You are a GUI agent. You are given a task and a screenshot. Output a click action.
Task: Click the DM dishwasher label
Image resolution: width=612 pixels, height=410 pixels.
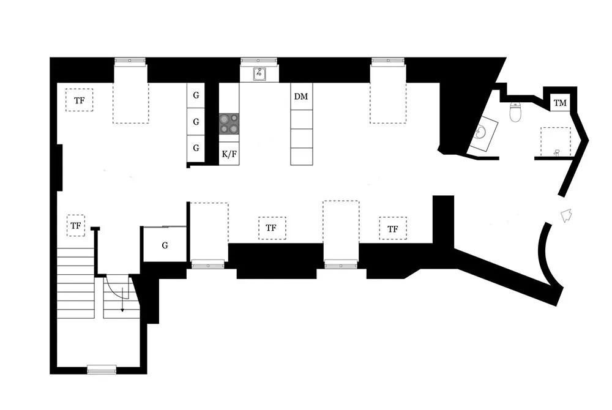click(301, 97)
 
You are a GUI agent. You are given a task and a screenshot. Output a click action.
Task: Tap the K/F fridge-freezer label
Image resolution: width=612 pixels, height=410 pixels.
click(229, 154)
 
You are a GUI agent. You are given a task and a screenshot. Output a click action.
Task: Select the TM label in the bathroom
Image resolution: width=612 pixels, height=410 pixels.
click(560, 103)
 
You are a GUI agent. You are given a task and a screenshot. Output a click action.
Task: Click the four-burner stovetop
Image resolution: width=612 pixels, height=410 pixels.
click(229, 124)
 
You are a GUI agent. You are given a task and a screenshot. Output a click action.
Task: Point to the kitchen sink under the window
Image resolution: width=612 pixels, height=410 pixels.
click(259, 75)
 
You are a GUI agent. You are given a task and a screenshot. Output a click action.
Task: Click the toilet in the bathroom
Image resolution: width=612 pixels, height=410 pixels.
click(515, 112)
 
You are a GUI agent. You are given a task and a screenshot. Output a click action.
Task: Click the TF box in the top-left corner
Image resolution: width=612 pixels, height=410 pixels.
click(79, 100)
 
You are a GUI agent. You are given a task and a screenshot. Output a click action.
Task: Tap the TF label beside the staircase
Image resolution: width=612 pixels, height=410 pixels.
click(75, 226)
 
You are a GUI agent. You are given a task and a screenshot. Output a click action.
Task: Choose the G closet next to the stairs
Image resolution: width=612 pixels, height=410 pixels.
click(165, 245)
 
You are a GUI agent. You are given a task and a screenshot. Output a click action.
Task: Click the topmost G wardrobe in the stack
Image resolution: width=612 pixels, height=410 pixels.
click(196, 96)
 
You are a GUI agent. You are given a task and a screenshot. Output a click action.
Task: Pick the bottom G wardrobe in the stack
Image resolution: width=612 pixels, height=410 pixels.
click(196, 148)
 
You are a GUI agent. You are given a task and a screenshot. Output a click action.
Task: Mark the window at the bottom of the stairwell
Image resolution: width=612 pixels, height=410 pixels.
click(102, 369)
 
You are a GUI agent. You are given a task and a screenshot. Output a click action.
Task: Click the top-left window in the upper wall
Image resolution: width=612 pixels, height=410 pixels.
click(130, 61)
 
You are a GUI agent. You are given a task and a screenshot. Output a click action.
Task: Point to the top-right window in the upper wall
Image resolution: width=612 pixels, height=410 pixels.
click(387, 61)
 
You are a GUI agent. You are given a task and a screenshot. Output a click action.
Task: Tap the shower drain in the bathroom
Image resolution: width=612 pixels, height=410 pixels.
click(556, 151)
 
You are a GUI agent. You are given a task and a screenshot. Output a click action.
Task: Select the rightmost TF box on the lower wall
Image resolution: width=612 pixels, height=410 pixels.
click(392, 229)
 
